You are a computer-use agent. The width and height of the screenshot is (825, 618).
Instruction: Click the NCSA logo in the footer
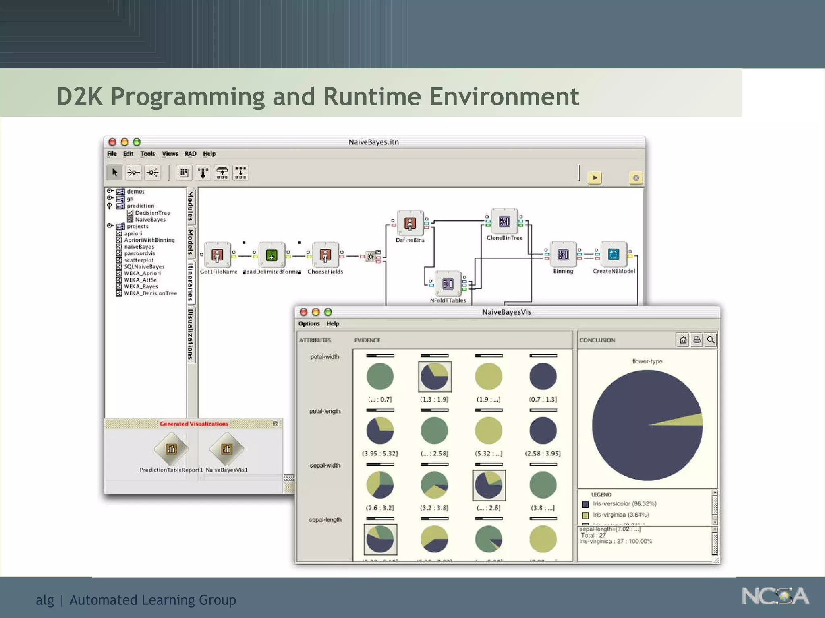[775, 596]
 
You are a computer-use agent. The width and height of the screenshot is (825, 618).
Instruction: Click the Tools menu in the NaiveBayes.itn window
[147, 154]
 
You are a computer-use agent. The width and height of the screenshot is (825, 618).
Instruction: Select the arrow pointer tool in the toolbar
[115, 173]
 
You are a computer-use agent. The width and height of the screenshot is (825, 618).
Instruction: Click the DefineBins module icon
[410, 223]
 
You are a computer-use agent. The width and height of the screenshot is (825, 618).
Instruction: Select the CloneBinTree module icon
[504, 221]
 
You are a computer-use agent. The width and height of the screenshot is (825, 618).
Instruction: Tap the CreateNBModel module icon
[614, 254]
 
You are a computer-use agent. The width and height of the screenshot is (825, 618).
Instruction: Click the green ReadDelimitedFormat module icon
[272, 255]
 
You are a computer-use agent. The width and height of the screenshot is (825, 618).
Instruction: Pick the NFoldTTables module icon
[448, 284]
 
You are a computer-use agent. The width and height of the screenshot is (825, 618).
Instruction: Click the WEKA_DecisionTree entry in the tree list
[150, 293]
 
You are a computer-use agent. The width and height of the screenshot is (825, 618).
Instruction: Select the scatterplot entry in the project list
[139, 260]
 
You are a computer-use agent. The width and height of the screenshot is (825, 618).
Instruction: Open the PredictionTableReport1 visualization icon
[171, 449]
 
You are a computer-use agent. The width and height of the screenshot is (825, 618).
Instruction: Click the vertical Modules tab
[191, 206]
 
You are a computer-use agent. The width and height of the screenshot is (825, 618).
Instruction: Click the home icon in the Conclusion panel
[683, 340]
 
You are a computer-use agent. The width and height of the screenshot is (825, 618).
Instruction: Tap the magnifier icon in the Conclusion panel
[711, 340]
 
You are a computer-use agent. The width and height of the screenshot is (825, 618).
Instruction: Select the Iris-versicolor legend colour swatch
[585, 504]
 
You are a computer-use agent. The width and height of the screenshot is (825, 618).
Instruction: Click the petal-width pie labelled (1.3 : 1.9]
[434, 377]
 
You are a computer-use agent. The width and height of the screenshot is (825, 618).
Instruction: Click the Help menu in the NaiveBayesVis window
[332, 324]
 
